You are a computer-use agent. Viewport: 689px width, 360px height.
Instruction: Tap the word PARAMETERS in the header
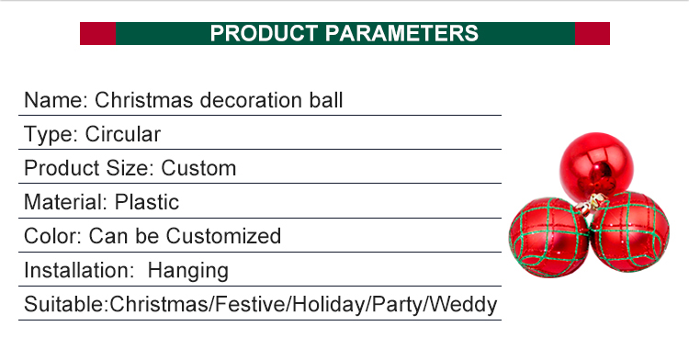403,34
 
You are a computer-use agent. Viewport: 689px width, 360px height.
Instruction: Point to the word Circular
123,134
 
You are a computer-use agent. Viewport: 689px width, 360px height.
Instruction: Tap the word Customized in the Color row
225,236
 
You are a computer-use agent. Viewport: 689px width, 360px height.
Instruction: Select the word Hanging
187,270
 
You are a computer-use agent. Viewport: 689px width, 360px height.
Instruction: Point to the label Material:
64,202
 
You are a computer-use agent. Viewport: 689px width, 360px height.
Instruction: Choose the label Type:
51,134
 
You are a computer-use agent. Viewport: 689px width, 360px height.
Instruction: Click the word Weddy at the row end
468,304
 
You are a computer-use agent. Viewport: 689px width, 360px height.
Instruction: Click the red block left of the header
97,34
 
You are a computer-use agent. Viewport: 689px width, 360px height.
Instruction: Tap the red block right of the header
592,34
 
